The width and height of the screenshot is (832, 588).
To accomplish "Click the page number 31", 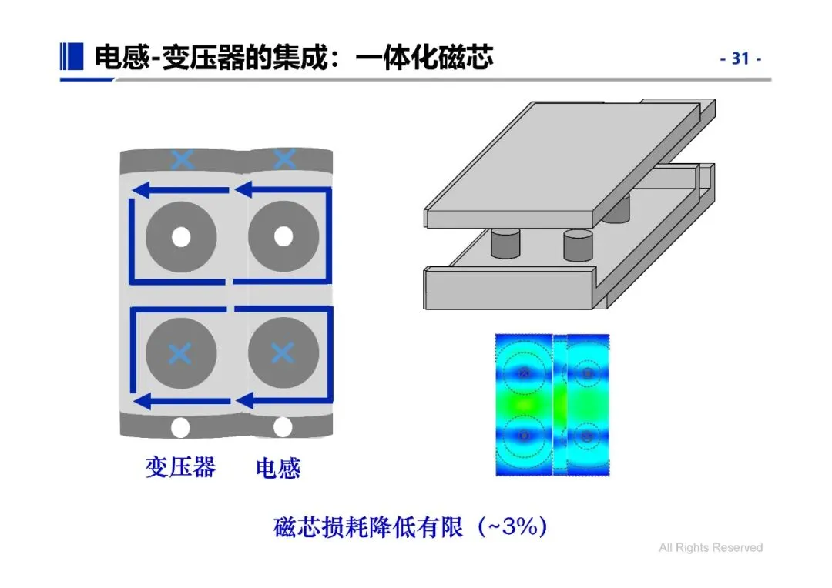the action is (740, 58).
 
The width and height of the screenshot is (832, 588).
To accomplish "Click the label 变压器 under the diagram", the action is (180, 466).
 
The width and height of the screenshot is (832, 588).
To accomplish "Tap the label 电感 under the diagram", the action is (277, 468).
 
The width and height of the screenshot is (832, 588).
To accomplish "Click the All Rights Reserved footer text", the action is (710, 548).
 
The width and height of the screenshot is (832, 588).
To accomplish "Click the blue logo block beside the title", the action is (71, 56).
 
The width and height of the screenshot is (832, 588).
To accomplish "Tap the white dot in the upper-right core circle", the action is (283, 236).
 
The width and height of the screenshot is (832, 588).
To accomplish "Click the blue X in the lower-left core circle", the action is (180, 353).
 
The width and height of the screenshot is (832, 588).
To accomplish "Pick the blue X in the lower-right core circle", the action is (283, 353).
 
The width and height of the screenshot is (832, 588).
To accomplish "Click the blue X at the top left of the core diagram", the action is (182, 160).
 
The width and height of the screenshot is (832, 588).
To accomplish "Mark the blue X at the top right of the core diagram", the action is (284, 159).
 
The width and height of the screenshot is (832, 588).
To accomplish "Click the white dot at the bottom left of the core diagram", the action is (180, 427).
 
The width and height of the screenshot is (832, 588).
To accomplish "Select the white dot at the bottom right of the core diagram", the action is (283, 427).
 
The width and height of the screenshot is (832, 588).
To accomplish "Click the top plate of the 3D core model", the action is (562, 162).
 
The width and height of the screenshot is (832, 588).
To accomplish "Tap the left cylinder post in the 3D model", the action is (506, 244).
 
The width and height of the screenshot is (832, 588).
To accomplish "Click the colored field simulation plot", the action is (552, 404).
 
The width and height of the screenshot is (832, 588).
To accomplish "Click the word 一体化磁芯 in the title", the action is (424, 58).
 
